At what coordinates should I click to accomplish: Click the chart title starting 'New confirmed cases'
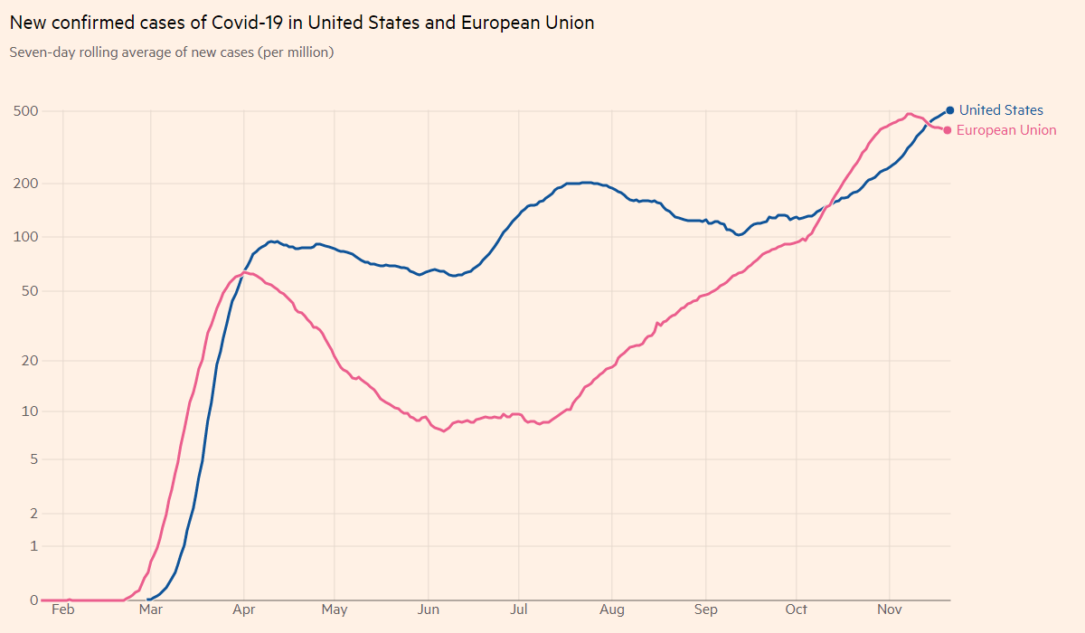pyautogui.click(x=302, y=23)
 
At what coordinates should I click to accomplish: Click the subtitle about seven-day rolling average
pyautogui.click(x=172, y=52)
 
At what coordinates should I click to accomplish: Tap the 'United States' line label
pyautogui.click(x=1001, y=110)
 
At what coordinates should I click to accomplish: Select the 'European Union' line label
pyautogui.click(x=1006, y=130)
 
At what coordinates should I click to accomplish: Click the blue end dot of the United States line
pyautogui.click(x=949, y=110)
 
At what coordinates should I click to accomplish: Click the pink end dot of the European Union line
pyautogui.click(x=947, y=130)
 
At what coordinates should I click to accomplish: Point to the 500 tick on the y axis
pyautogui.click(x=24, y=111)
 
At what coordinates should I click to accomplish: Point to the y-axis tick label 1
pyautogui.click(x=33, y=546)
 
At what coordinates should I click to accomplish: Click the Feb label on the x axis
pyautogui.click(x=62, y=609)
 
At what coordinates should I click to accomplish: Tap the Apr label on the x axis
pyautogui.click(x=243, y=609)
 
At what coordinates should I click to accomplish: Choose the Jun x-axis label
pyautogui.click(x=428, y=609)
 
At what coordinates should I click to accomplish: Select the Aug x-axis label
pyautogui.click(x=612, y=609)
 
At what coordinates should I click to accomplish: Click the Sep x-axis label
pyautogui.click(x=705, y=609)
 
